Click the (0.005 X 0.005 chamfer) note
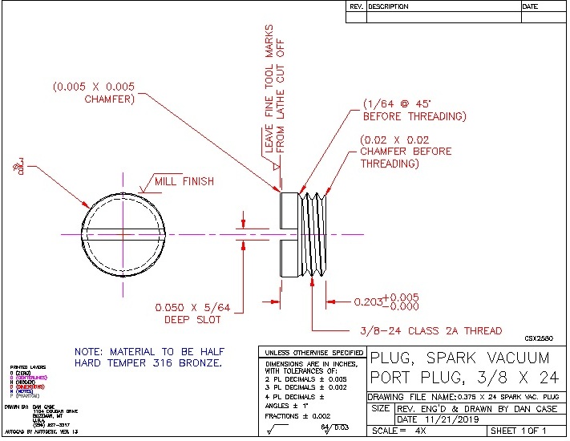(x=94, y=92)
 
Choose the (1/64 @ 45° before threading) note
(x=414, y=111)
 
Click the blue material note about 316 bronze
(x=149, y=358)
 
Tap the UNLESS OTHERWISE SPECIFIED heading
(x=312, y=352)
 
